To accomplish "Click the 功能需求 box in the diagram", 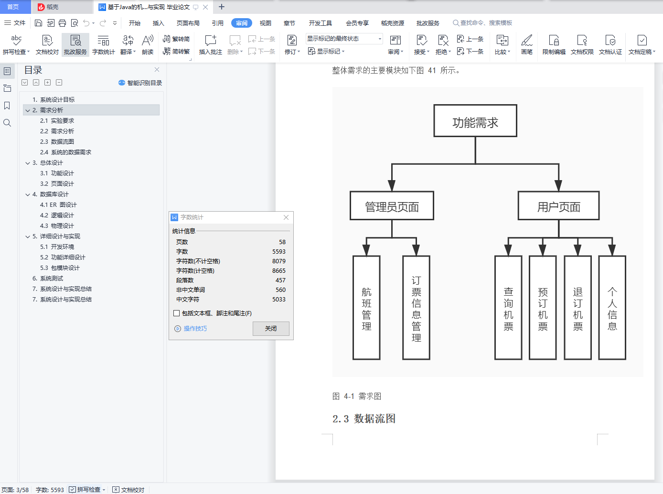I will (x=475, y=121).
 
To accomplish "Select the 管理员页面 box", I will (x=392, y=206).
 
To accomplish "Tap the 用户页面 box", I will (x=558, y=206).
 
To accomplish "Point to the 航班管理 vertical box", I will (x=366, y=308).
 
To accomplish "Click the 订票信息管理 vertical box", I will (x=416, y=308).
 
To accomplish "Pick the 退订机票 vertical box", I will (x=577, y=308).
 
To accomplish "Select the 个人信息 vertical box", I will (x=612, y=308).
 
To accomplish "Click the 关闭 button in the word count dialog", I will (x=271, y=329).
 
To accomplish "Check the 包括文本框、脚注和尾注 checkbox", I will (x=177, y=313).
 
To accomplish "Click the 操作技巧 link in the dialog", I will (x=195, y=329).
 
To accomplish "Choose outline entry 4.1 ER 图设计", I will (x=58, y=205).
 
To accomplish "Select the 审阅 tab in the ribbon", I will (x=242, y=23).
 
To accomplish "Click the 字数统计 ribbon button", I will (x=103, y=44).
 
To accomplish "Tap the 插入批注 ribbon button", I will (x=210, y=44).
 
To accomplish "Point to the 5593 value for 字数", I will (x=279, y=252).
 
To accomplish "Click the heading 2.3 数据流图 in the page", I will (x=364, y=419).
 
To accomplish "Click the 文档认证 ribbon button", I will (x=610, y=44).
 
